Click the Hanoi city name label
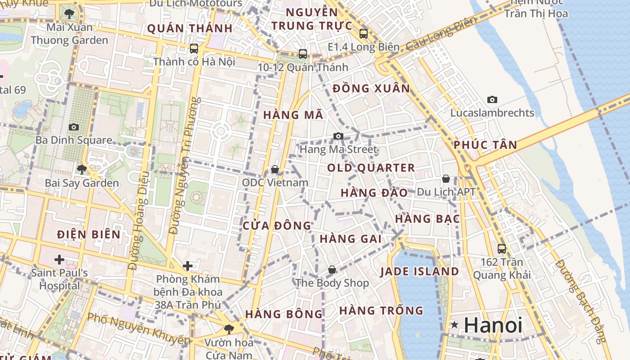point(493,325)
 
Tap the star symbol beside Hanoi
point(454,324)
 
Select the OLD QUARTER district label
point(371,168)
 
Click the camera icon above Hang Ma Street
point(338,136)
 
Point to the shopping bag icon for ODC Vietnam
point(274,169)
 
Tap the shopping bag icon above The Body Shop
point(332,270)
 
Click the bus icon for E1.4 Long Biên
point(363,33)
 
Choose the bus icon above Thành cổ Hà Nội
point(194,48)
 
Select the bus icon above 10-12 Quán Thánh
point(303,54)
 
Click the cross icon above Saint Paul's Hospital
point(59,259)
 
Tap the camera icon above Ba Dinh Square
point(74,127)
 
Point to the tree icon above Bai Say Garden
point(82,170)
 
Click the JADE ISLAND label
point(419,272)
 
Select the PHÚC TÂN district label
point(485,145)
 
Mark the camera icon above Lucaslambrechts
point(492,99)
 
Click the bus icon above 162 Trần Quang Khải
point(501,248)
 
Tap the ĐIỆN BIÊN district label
point(89,234)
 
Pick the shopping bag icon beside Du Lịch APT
point(445,179)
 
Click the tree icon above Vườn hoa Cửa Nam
point(229,329)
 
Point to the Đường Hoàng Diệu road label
point(139,220)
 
